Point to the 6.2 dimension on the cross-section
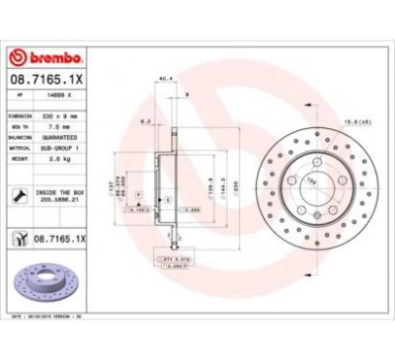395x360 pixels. pos(144,121)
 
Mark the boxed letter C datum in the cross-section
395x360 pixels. pos(169,200)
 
